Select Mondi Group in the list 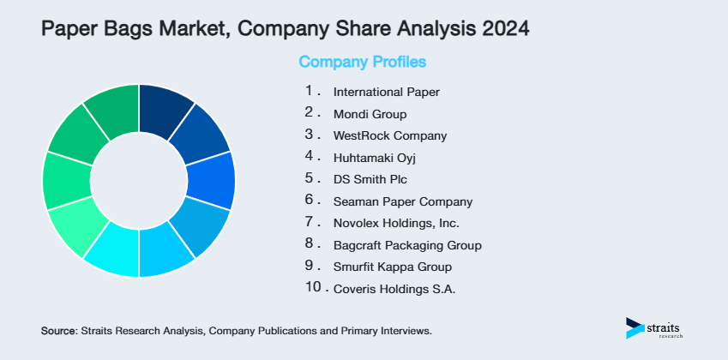click(370, 113)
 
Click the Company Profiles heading click(362, 62)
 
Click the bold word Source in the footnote click(58, 330)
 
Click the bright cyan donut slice click(111, 254)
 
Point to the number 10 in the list click(311, 287)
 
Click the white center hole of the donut click(139, 180)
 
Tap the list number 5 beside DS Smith click(310, 177)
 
